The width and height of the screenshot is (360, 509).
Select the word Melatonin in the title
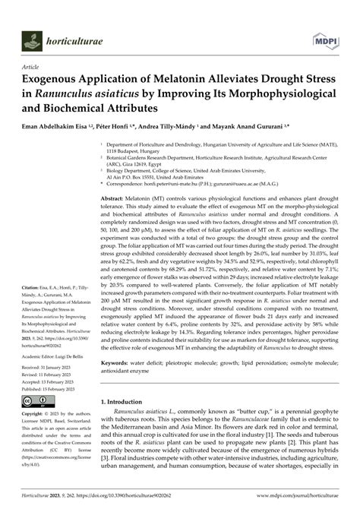[164, 79]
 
